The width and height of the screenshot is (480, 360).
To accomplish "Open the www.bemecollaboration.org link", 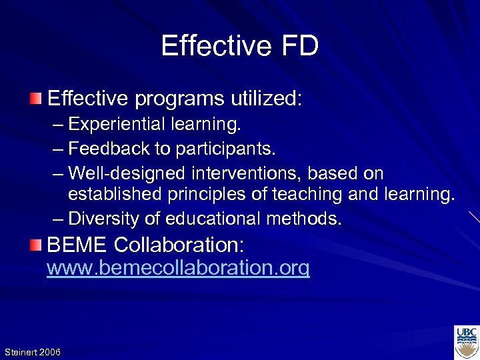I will tap(178, 269).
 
